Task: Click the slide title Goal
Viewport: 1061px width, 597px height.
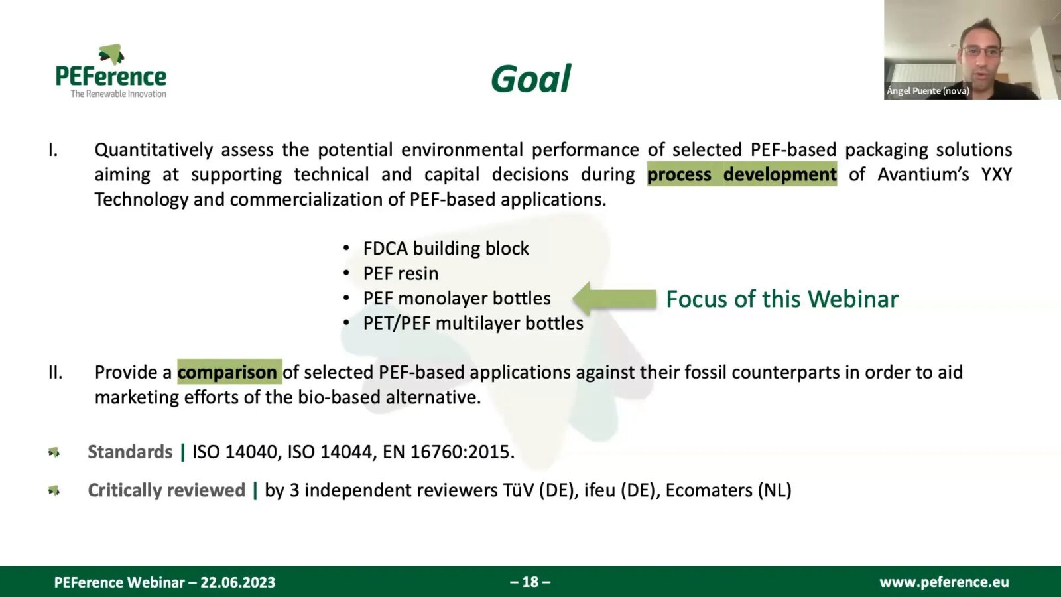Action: point(530,79)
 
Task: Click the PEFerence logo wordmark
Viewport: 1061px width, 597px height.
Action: point(111,77)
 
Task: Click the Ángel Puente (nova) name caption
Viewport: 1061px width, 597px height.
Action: point(928,91)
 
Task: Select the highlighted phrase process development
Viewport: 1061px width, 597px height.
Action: point(741,174)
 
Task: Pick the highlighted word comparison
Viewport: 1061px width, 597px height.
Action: point(227,372)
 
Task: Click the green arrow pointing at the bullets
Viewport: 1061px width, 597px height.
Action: point(614,298)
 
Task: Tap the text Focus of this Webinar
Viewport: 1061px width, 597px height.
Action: point(782,299)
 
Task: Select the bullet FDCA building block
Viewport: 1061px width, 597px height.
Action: point(446,248)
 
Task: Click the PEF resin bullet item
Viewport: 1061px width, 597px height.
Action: point(401,273)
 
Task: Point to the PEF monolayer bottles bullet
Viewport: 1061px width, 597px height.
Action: point(457,298)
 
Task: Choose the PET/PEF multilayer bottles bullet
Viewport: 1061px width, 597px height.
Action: point(473,323)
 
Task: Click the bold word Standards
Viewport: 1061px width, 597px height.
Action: point(130,452)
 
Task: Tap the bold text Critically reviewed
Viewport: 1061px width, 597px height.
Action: point(166,490)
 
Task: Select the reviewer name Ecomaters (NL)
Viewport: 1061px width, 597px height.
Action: point(728,490)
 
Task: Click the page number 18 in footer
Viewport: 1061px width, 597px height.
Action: point(530,582)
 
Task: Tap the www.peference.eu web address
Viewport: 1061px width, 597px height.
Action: point(944,582)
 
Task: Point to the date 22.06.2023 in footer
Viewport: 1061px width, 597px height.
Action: point(237,582)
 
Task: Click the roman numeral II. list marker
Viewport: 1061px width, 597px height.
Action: point(55,373)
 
